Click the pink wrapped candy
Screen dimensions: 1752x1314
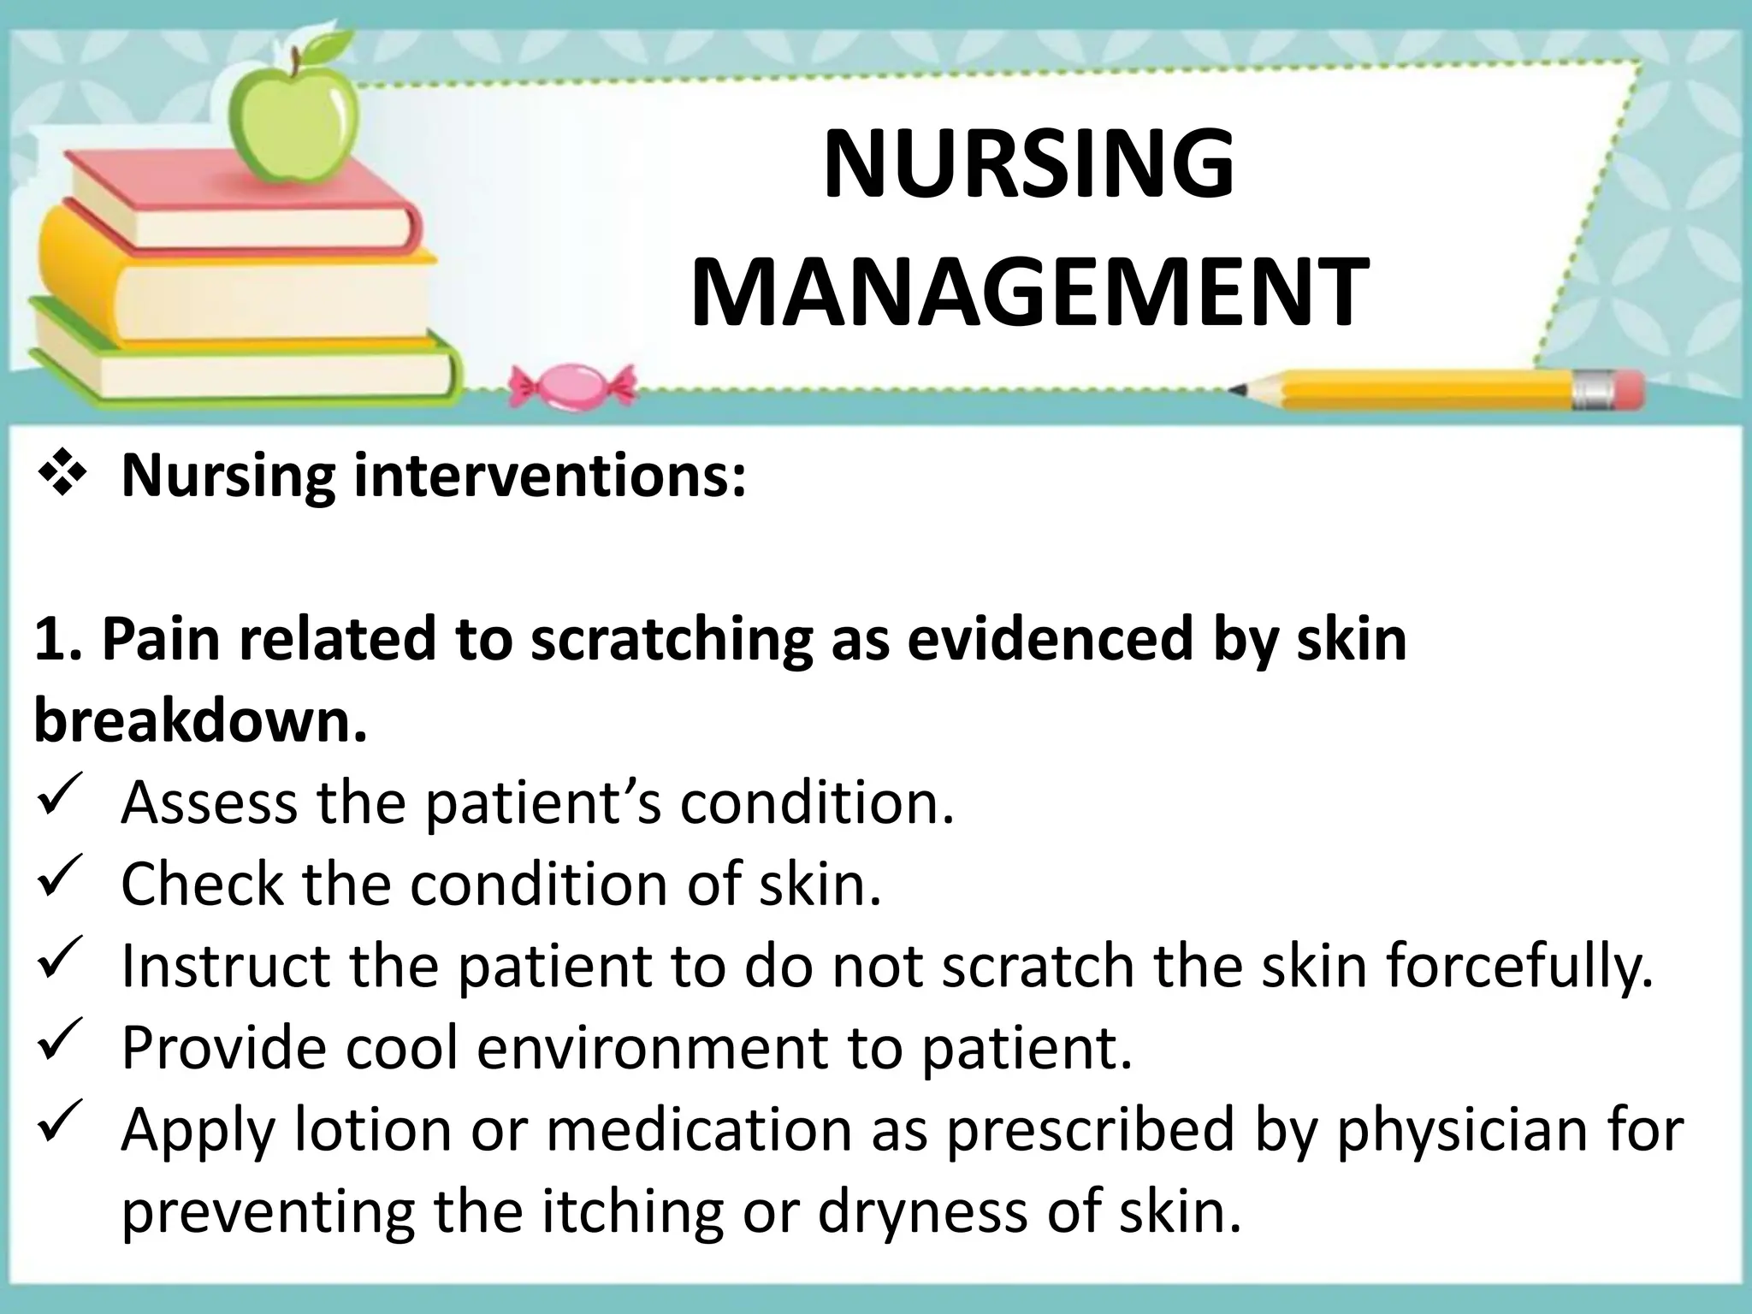click(x=571, y=384)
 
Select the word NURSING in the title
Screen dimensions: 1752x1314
click(x=1029, y=164)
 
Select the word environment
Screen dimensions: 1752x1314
click(x=653, y=1049)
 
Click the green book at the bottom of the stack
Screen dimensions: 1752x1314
click(x=240, y=359)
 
